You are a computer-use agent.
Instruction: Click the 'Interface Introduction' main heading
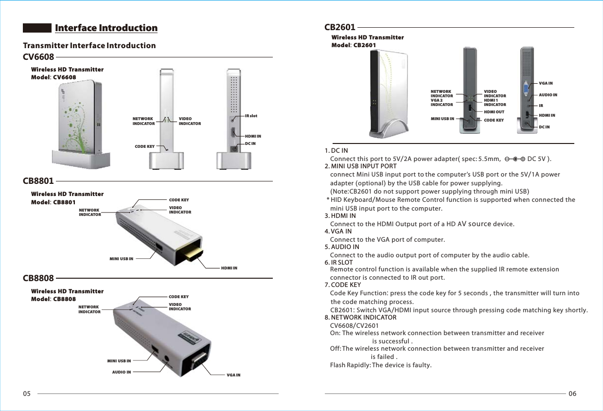point(106,28)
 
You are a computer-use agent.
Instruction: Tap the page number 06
point(572,393)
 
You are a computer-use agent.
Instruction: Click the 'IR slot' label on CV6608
point(251,116)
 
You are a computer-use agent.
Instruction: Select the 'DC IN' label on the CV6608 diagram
point(250,143)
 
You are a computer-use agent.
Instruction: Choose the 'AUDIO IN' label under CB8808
point(122,372)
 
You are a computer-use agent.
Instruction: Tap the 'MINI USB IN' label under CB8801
point(121,259)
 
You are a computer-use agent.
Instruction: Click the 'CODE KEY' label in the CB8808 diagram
point(178,297)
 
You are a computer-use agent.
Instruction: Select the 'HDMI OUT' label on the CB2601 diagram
point(494,112)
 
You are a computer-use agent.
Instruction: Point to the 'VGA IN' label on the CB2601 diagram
point(546,84)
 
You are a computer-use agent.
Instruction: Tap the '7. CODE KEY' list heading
point(343,285)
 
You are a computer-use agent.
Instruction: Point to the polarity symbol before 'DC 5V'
point(514,159)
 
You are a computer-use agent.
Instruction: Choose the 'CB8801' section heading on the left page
point(38,181)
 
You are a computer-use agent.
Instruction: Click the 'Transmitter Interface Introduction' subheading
point(89,46)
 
